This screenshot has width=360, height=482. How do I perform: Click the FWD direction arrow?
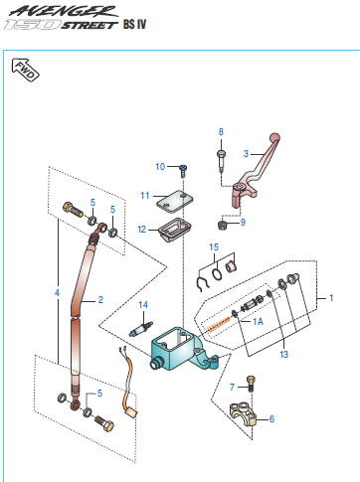tap(25, 70)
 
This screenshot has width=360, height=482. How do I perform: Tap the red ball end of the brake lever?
tap(274, 137)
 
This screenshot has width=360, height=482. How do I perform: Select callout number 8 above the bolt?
tap(221, 132)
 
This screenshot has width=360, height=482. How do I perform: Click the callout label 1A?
tap(258, 321)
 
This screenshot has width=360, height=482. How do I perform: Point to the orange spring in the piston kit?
tap(219, 324)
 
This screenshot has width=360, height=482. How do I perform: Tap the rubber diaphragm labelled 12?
tap(175, 230)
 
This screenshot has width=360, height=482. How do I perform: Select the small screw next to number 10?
tap(183, 170)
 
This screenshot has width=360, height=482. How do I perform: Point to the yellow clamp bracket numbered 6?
tap(243, 414)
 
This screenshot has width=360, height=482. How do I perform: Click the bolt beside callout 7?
tap(251, 384)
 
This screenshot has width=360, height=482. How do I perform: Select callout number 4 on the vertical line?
tap(57, 293)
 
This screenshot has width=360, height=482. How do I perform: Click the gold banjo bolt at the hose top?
tap(73, 210)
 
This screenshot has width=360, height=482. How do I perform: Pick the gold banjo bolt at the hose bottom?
tap(104, 423)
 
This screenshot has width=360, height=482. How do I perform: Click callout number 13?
tap(284, 355)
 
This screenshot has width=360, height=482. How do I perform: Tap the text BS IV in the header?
tap(134, 24)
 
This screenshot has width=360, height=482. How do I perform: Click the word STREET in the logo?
tap(89, 25)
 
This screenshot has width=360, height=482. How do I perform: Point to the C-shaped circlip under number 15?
tap(201, 284)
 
